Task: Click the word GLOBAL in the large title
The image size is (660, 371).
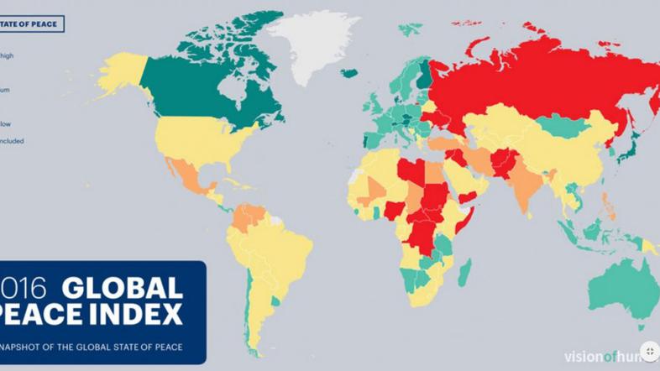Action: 123,289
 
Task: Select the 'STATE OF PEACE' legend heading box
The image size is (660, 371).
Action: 31,24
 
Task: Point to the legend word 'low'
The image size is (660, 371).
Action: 6,123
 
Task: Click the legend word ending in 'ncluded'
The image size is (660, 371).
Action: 12,141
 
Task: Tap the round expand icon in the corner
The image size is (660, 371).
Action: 649,351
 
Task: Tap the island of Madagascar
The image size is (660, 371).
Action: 464,270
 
